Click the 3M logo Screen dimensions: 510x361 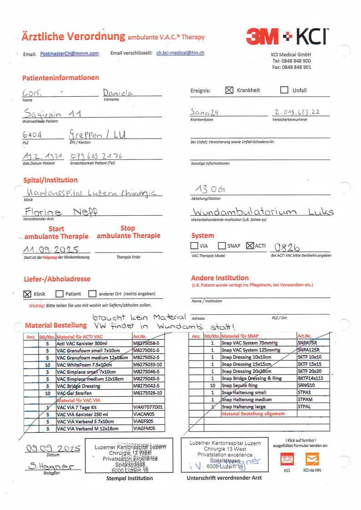click(x=262, y=36)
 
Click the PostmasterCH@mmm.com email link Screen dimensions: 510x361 click(x=69, y=54)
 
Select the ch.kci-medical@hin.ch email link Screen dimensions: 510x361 click(x=180, y=53)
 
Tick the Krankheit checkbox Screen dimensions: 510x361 click(x=229, y=90)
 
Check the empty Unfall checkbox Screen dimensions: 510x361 click(x=284, y=90)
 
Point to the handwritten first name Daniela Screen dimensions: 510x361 click(x=118, y=93)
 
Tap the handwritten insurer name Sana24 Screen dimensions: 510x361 click(x=205, y=112)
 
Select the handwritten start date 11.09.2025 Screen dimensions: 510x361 click(x=51, y=249)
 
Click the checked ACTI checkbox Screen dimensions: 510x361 click(x=250, y=246)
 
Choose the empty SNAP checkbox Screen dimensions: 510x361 click(x=222, y=246)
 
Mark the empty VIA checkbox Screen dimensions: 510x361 click(x=194, y=246)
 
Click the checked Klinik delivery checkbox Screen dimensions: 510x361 click(x=28, y=294)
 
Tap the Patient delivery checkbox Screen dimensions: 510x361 click(x=59, y=294)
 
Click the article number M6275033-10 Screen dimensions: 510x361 click(x=147, y=365)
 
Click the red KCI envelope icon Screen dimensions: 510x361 click(x=287, y=460)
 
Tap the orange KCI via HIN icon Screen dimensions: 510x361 click(x=312, y=460)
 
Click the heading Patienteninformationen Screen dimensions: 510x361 click(x=60, y=78)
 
